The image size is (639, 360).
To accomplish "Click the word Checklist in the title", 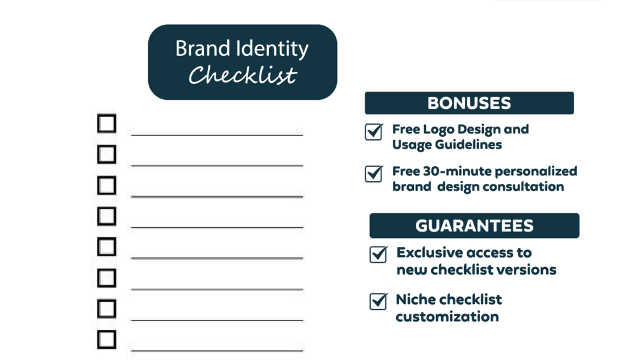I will [x=243, y=76].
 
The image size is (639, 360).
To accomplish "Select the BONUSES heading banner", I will [x=469, y=103].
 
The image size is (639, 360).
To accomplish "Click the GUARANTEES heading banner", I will [x=474, y=226].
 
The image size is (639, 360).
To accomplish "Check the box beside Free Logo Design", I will [x=374, y=131].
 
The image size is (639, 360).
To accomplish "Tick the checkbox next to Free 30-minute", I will [x=374, y=173].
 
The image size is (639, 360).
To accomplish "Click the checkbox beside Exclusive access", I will [x=378, y=254].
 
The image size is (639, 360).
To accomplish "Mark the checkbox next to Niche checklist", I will [x=378, y=301].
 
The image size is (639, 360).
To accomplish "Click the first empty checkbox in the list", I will [x=107, y=123].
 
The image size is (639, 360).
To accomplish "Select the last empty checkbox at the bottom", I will [x=107, y=339].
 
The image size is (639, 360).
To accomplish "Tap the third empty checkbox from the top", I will [x=107, y=185].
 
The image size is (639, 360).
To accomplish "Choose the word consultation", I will [x=523, y=187].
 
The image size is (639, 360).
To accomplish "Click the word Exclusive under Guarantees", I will [x=430, y=253].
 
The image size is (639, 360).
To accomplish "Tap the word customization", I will [x=447, y=317].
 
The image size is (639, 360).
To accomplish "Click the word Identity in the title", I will [x=279, y=49].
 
